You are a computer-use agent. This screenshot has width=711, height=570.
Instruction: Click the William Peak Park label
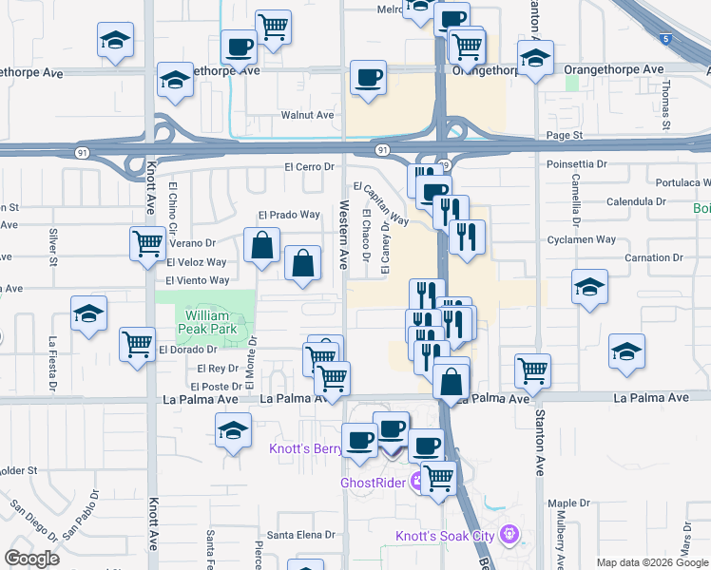(x=207, y=321)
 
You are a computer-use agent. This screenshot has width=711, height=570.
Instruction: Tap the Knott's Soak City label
(x=445, y=536)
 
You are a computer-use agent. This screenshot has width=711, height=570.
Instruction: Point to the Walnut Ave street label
(x=307, y=115)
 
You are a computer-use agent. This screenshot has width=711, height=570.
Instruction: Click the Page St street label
(x=564, y=136)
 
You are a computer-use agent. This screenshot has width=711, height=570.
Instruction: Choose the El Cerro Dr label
(x=312, y=166)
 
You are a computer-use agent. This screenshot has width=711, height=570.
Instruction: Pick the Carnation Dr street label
(x=654, y=257)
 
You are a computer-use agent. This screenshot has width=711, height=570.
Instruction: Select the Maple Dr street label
(x=568, y=503)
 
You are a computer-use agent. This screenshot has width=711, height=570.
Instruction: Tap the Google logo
(x=31, y=559)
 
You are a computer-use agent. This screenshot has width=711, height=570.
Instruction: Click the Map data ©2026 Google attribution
(x=652, y=562)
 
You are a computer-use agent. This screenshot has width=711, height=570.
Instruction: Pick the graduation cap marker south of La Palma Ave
(x=233, y=432)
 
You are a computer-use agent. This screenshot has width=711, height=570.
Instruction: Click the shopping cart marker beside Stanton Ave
(x=533, y=370)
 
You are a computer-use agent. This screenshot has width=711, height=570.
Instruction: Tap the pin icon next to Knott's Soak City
(x=510, y=534)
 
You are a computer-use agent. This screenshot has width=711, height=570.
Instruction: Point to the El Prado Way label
(x=291, y=215)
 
